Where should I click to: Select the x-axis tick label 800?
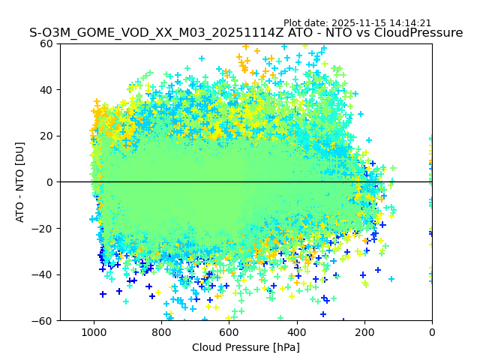pos(161,331)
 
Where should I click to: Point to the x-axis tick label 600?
pos(229,331)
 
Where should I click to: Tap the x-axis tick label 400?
pos(297,331)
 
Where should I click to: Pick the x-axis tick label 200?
pos(364,331)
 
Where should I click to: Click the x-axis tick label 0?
pos(432,331)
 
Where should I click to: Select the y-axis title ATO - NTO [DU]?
pos(21,182)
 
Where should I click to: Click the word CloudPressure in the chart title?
pos(418,33)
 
